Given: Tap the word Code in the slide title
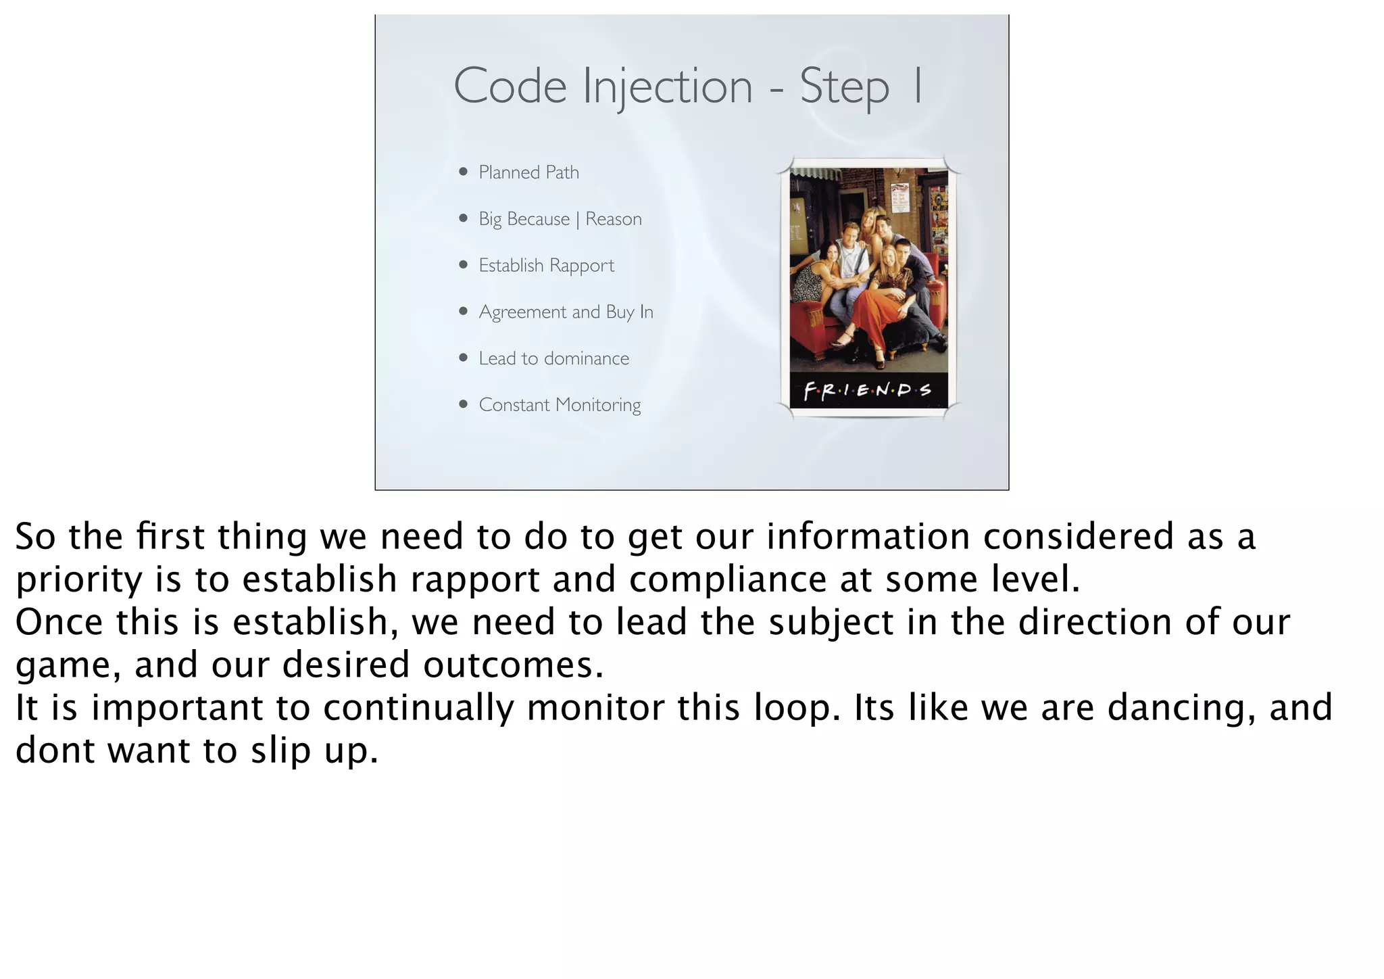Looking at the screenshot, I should tap(510, 87).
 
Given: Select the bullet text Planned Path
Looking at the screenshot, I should tap(528, 172).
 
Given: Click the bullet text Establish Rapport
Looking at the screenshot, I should tap(546, 265).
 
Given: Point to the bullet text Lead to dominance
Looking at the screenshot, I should tap(553, 358).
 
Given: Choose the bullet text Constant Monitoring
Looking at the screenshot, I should tap(560, 405).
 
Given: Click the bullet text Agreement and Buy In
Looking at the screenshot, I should tap(566, 312).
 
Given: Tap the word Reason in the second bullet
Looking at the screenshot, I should tap(613, 219).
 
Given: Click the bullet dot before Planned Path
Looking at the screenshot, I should tap(463, 172).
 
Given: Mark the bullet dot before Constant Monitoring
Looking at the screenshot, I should tap(463, 404).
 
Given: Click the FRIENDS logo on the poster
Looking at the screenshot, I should tap(868, 391).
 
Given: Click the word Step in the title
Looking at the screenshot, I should tap(844, 87).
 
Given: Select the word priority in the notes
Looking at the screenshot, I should tap(78, 579).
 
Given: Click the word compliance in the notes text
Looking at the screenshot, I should tap(728, 579).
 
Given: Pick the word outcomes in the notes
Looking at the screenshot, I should tap(513, 665).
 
